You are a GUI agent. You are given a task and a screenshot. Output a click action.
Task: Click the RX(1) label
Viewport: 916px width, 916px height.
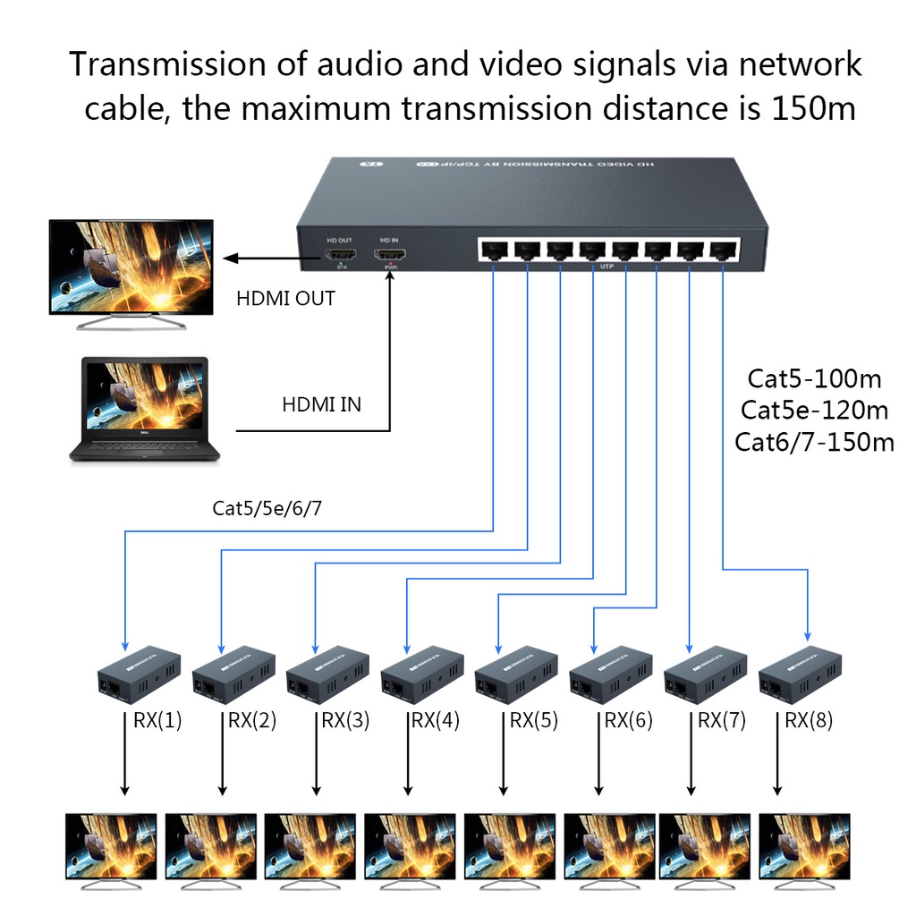click(157, 720)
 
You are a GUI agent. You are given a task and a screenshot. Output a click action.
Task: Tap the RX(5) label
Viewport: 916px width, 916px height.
click(534, 720)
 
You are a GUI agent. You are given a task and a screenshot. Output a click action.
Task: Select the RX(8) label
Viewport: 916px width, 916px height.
click(809, 720)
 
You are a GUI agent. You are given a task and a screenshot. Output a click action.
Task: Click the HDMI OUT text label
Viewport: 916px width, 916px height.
click(285, 298)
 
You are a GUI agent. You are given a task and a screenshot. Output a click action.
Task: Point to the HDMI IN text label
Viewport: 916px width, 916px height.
click(322, 404)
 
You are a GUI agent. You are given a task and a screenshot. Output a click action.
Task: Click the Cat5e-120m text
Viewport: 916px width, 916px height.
click(815, 411)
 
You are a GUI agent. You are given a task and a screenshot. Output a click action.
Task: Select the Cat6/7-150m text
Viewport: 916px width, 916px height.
click(815, 442)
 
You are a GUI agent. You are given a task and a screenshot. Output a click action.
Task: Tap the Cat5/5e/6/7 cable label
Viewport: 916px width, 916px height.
click(267, 509)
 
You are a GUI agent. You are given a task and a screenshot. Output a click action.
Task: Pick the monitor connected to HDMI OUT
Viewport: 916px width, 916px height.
click(131, 270)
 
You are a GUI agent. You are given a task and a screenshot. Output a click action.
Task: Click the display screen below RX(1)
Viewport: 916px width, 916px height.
click(112, 847)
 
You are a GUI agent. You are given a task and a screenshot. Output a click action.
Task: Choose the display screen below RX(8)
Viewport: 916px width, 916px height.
click(804, 847)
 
